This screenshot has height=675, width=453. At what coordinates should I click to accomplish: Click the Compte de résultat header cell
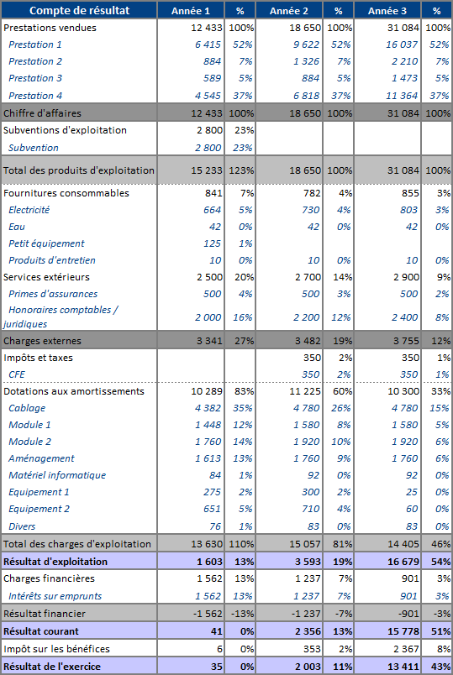[x=79, y=11]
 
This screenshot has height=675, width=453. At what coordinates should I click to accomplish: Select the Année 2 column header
[x=289, y=11]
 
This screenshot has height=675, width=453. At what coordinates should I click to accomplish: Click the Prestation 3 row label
[x=35, y=78]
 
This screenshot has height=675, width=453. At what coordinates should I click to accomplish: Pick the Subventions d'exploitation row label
[x=65, y=130]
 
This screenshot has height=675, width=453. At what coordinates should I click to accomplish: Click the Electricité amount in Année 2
[x=310, y=210]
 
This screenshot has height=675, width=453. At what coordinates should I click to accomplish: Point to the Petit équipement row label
[x=46, y=243]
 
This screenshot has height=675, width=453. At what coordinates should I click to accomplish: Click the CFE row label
[x=17, y=374]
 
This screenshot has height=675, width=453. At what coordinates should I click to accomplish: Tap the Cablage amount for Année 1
[x=208, y=408]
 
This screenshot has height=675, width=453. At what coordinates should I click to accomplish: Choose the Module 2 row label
[x=29, y=442]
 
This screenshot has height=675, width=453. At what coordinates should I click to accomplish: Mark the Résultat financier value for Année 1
[x=207, y=614]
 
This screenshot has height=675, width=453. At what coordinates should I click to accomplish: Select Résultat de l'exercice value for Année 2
[x=308, y=667]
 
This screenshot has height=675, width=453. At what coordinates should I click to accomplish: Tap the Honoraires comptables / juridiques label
[x=61, y=317]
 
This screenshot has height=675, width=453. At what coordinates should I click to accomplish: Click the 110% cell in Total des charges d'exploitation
[x=241, y=544]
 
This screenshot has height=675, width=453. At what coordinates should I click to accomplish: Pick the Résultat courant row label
[x=41, y=631]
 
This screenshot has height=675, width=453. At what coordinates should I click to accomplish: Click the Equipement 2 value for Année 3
[x=412, y=509]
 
